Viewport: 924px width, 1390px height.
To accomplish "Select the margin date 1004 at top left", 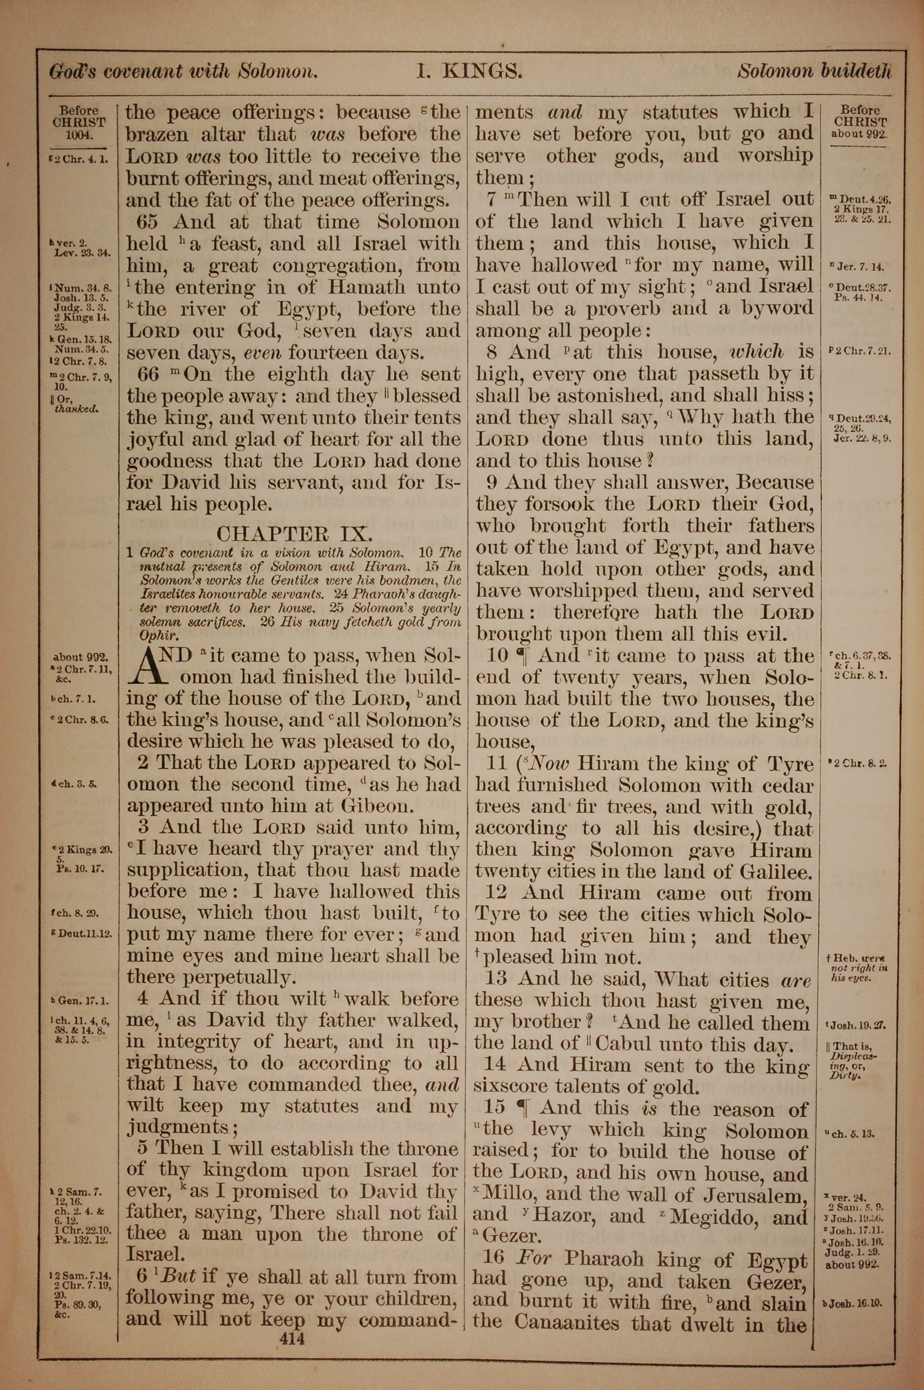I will click(x=79, y=135).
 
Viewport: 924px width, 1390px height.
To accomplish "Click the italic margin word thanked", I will click(x=76, y=408).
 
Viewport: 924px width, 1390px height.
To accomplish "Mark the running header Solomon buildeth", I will click(x=815, y=72).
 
